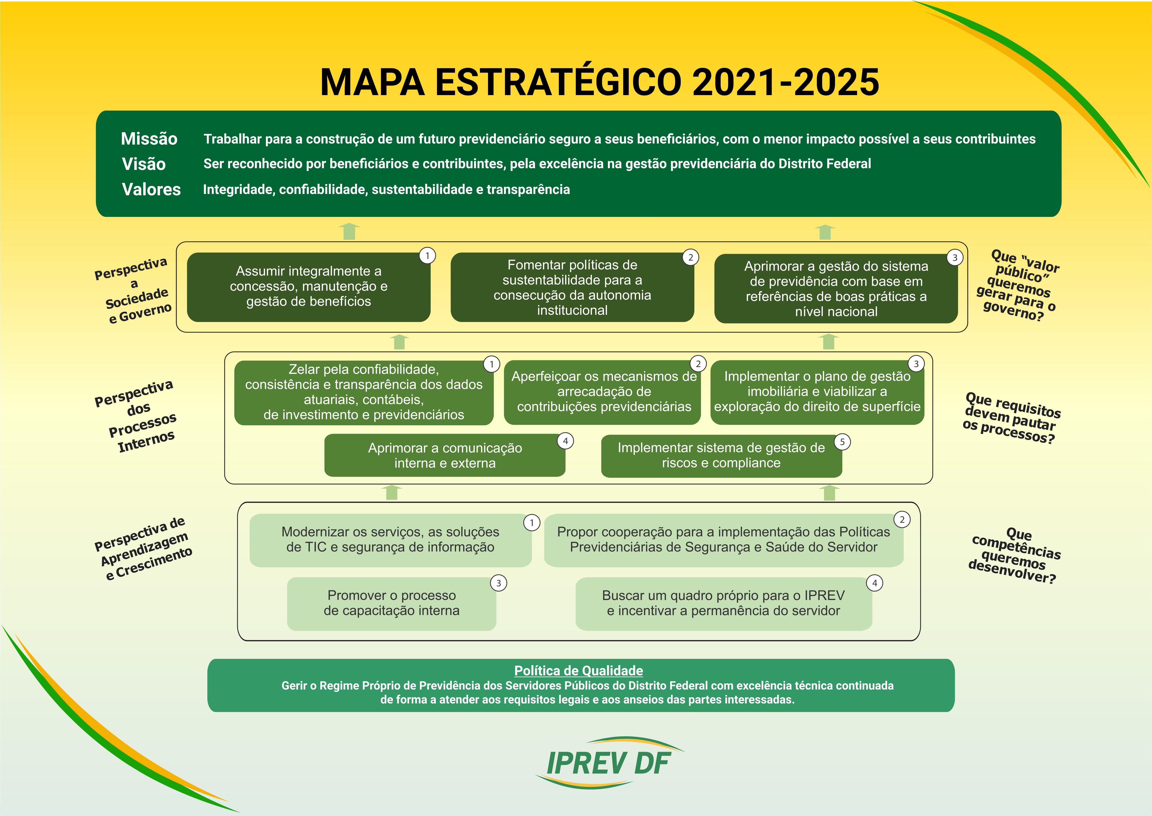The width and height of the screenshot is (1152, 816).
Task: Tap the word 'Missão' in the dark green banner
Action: pos(149,139)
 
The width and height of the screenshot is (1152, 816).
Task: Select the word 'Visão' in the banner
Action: pos(144,164)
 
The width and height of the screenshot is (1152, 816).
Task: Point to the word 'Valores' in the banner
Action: pos(151,189)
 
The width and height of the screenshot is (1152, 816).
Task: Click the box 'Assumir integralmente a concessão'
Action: pos(308,287)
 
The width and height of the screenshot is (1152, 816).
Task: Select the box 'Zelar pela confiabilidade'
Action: pos(364,392)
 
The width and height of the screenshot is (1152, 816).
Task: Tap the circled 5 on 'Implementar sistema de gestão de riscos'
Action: pos(842,442)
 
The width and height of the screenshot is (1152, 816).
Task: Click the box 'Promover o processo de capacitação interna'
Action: pos(392,603)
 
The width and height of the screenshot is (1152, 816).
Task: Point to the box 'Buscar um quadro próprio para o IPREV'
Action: pos(724,603)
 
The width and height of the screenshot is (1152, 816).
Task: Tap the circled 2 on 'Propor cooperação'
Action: pos(902,519)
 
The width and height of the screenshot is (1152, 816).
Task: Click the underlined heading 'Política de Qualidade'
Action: pos(578,671)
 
